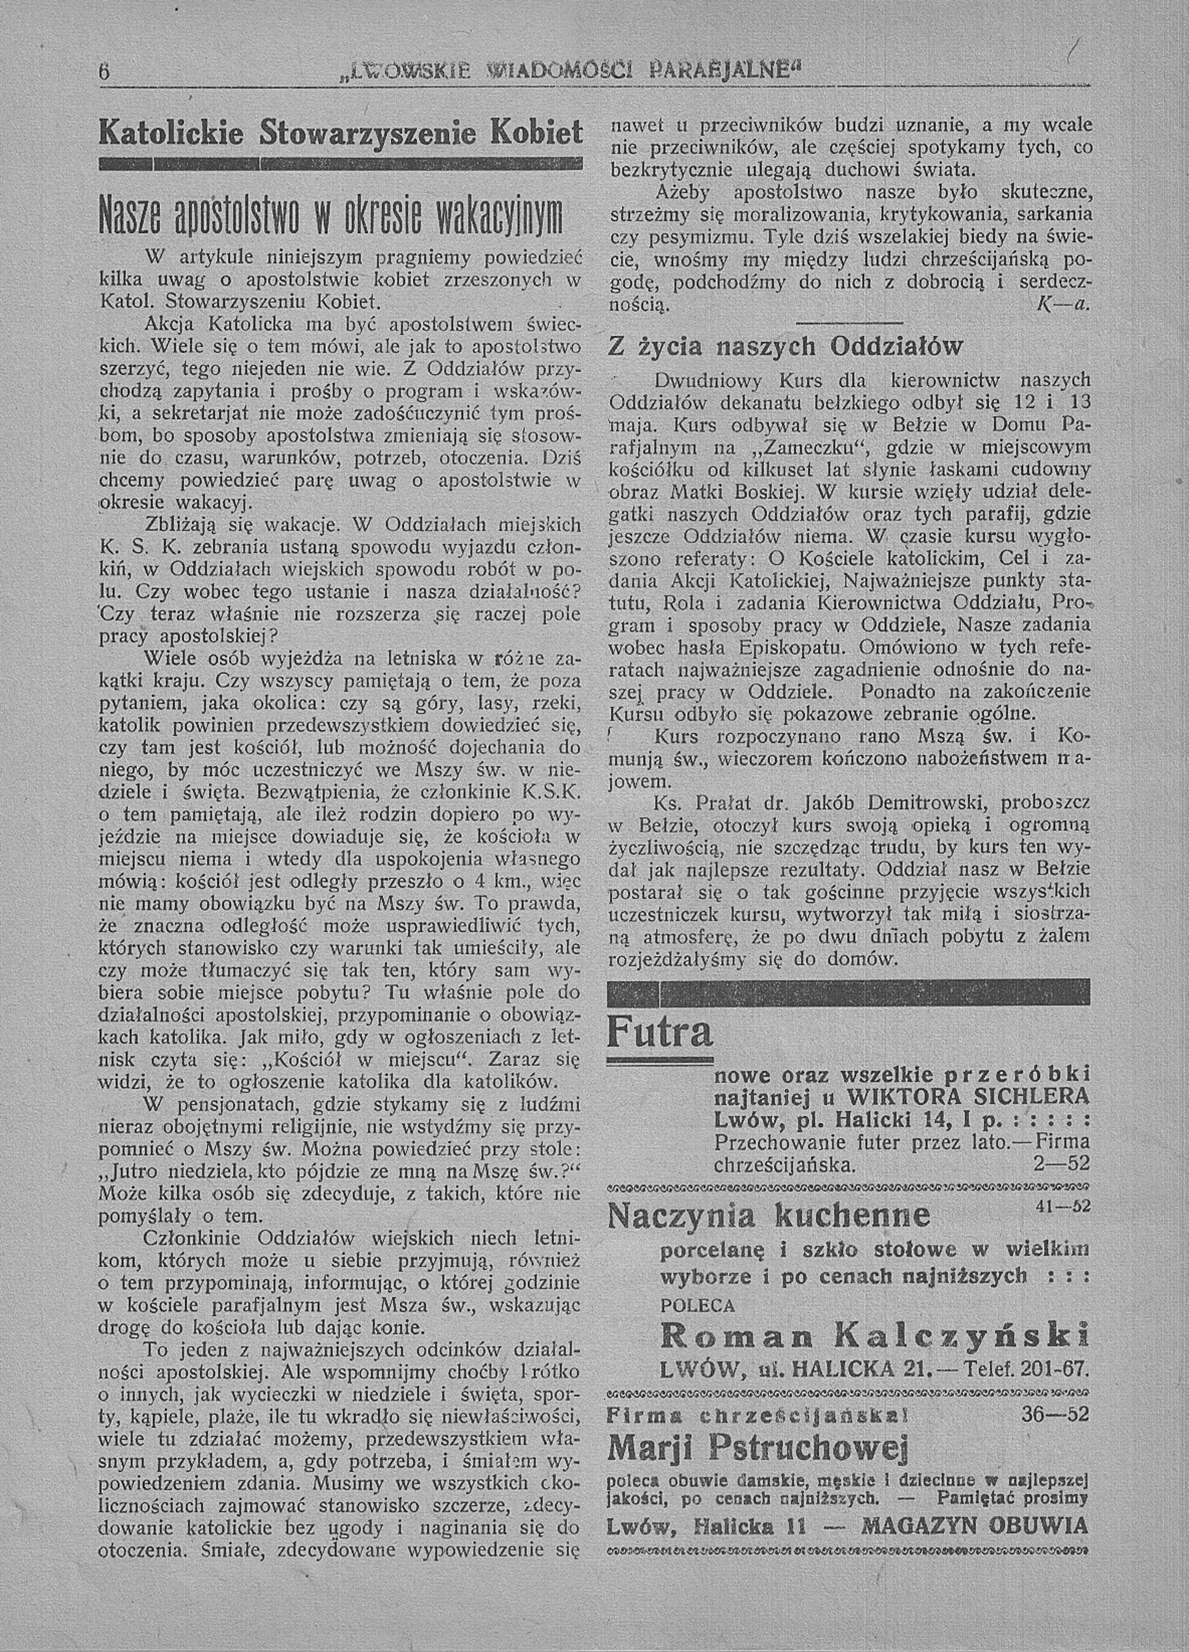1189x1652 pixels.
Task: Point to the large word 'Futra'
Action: pyautogui.click(x=660, y=1031)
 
